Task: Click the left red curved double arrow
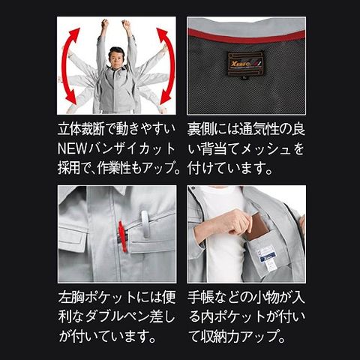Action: [x=65, y=66]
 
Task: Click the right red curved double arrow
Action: [x=169, y=66]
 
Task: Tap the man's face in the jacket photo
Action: [x=116, y=59]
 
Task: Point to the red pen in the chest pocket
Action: [x=121, y=236]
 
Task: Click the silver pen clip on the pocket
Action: [x=145, y=223]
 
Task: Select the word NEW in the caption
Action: [x=72, y=148]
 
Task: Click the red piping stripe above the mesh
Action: [x=247, y=37]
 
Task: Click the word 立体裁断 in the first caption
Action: [x=80, y=129]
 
